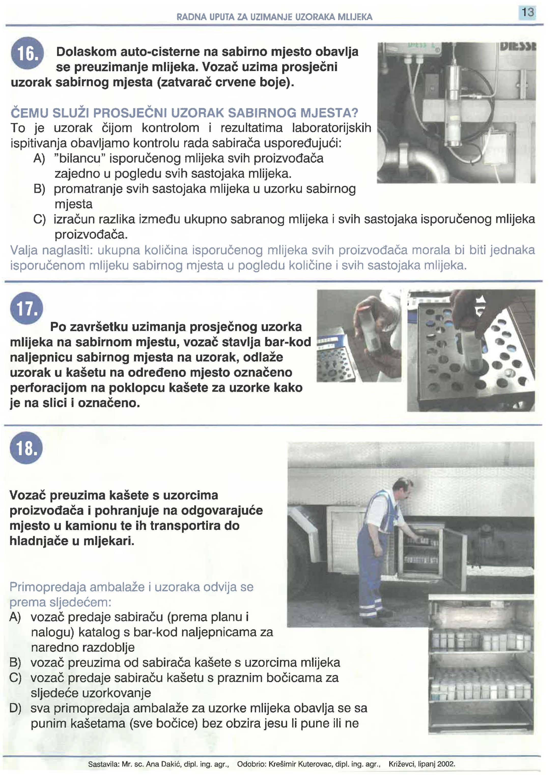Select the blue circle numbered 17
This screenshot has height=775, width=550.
click(27, 308)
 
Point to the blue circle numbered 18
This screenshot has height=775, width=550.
click(26, 448)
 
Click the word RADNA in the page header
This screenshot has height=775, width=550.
click(188, 17)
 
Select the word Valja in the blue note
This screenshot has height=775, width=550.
click(24, 250)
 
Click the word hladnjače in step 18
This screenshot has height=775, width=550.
click(39, 541)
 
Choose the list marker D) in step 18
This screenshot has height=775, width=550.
click(16, 708)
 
